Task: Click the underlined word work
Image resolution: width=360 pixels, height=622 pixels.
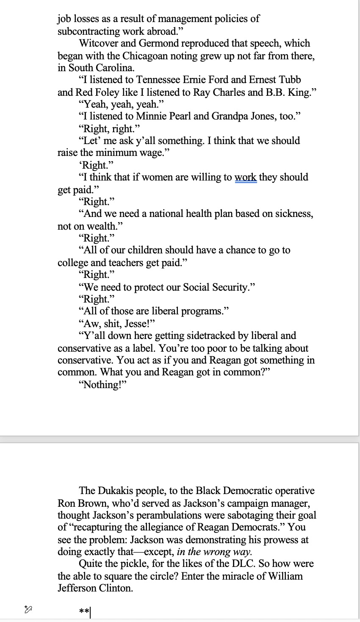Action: [x=246, y=177]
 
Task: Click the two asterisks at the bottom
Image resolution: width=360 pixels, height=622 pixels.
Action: [x=84, y=612]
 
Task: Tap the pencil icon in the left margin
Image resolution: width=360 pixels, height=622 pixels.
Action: [x=28, y=610]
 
